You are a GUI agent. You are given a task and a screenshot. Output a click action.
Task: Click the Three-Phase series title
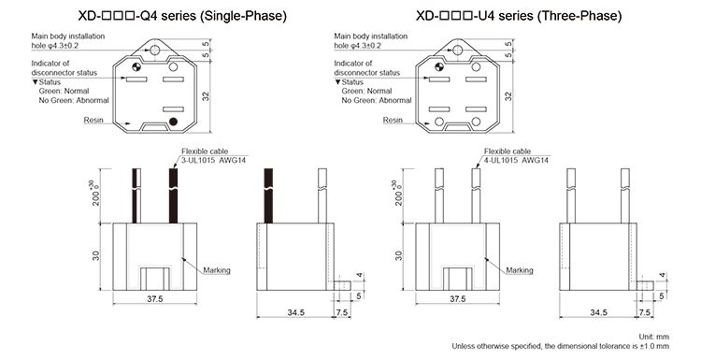pos(518,17)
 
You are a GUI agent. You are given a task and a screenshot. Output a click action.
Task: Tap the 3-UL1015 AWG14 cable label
pos(214,161)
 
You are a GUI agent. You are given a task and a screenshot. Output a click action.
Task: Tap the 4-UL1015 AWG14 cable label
pos(516,161)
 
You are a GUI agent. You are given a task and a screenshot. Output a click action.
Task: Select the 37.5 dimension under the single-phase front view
pos(155,299)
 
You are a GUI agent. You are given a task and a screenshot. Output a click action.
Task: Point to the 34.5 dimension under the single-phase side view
pos(297,310)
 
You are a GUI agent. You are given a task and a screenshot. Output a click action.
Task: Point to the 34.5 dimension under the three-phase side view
pos(598,310)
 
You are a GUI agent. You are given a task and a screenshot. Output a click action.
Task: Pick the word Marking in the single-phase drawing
pos(217,271)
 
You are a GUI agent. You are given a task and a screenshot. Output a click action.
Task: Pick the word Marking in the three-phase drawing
pos(520,271)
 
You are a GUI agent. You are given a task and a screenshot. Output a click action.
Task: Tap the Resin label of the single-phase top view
pos(93,120)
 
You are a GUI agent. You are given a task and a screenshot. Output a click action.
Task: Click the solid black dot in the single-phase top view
pos(174,121)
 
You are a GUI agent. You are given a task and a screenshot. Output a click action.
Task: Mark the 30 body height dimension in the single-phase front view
pos(95,254)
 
